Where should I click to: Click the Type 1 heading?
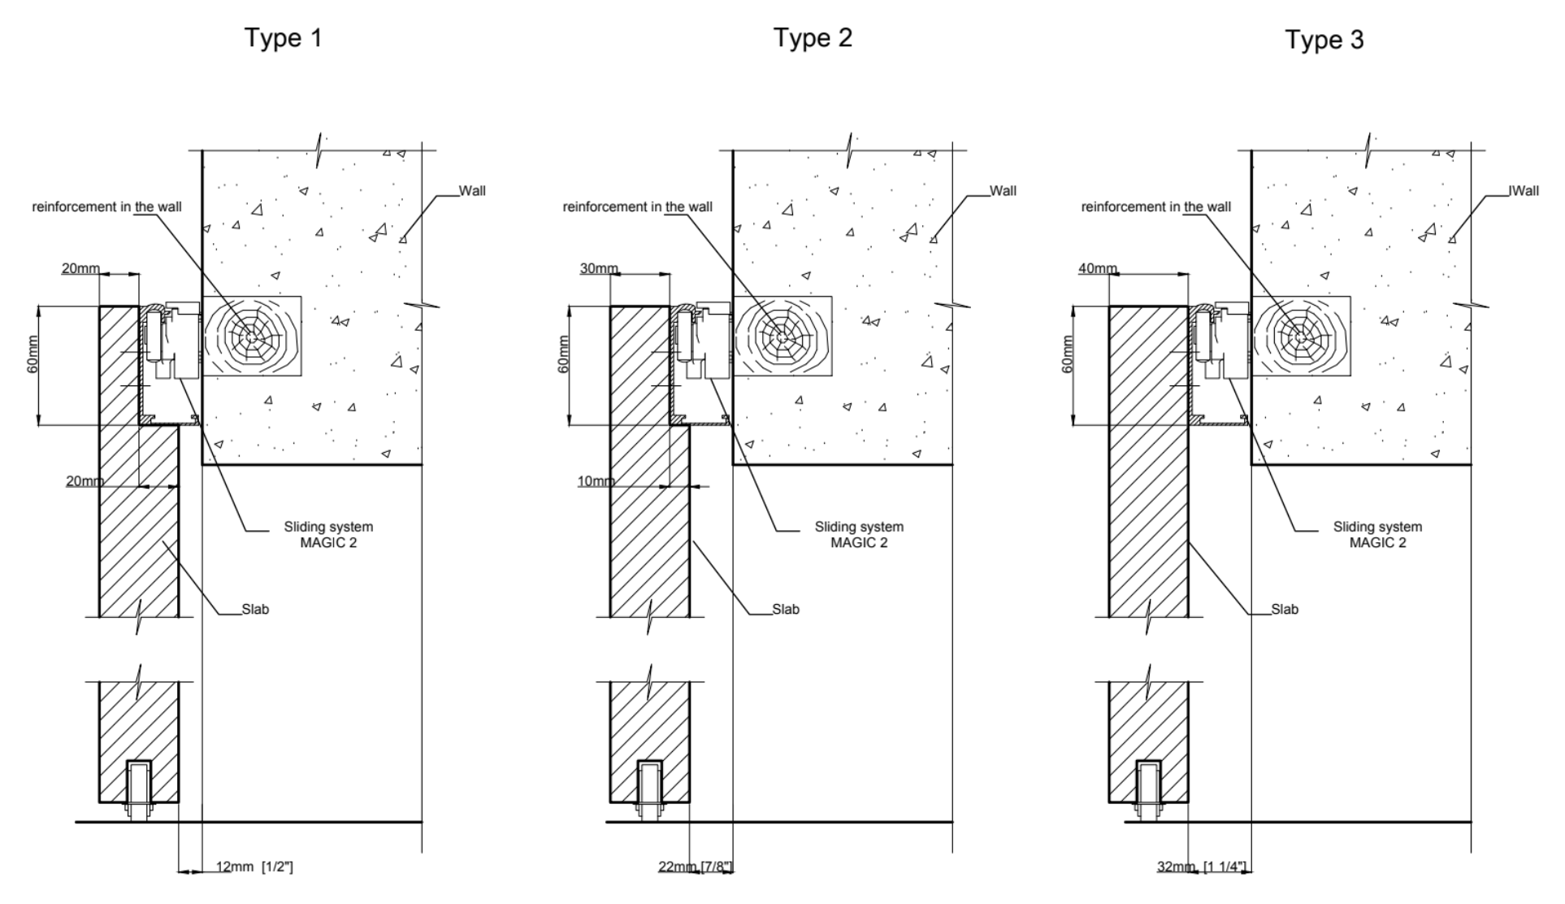284,38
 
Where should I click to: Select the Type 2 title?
813,38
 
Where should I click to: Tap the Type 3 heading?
1324,40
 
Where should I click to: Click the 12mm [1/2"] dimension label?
254,867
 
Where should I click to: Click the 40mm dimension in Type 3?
1097,269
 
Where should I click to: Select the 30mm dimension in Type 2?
599,269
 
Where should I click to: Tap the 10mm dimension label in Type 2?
596,481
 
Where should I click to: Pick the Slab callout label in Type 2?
785,610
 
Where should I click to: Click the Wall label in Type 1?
472,191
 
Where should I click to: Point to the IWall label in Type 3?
1524,191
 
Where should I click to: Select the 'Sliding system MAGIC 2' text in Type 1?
328,535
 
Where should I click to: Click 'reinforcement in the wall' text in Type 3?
1155,207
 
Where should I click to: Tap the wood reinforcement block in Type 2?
782,336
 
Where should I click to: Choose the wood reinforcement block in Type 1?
252,336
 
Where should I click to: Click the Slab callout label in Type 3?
1285,610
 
